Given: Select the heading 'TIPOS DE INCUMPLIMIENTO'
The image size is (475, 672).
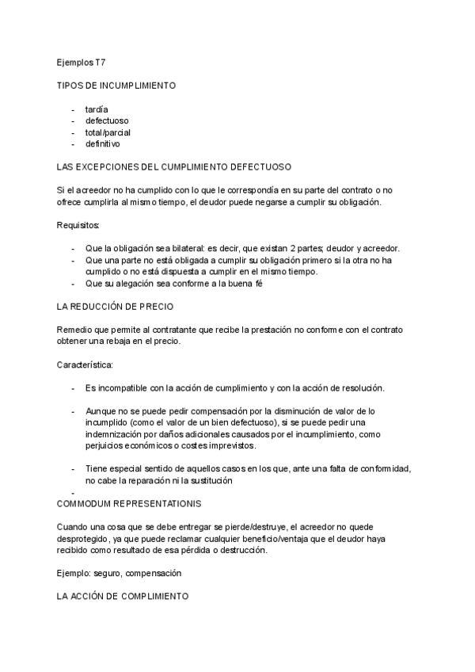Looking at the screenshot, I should click(116, 85).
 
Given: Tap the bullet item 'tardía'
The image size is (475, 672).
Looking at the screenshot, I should click(97, 109).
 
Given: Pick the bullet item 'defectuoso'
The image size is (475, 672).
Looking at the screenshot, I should click(107, 120).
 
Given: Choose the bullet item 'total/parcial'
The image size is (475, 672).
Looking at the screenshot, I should click(108, 132).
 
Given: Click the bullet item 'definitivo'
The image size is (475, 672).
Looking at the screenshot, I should click(103, 144).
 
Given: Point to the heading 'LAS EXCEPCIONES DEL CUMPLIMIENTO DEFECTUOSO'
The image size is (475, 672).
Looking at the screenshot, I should click(174, 167).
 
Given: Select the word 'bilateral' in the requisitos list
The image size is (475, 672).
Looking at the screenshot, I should click(171, 248).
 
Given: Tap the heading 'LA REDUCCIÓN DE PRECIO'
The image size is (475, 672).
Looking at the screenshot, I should click(115, 306).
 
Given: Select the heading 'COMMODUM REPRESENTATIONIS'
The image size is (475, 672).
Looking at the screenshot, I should click(129, 503).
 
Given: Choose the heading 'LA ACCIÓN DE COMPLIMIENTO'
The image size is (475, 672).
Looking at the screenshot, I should click(123, 596).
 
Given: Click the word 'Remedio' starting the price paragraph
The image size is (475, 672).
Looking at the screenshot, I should click(74, 330).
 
